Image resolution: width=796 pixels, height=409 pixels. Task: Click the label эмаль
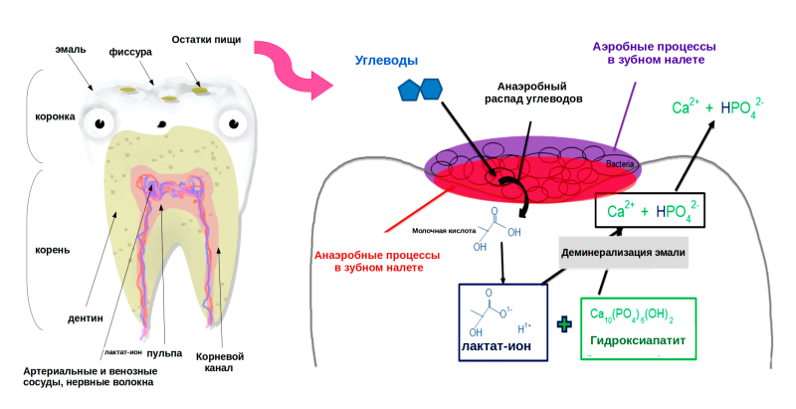coord(73,49)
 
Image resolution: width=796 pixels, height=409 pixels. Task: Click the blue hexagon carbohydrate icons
coord(420,89)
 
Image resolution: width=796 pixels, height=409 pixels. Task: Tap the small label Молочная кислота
coord(451,226)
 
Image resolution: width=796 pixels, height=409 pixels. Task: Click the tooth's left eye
coord(99,123)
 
